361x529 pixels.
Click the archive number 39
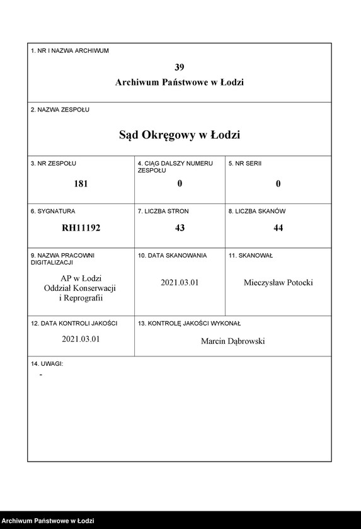coord(180,67)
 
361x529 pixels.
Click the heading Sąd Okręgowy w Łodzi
coord(180,135)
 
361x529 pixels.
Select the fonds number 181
coord(81,184)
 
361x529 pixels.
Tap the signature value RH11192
coord(81,228)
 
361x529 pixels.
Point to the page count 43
coord(180,228)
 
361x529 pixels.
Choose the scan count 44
coord(278,228)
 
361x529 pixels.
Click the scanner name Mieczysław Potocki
coord(278,283)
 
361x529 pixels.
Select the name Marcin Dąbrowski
coord(233,341)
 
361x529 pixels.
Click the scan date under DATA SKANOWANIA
coord(180,283)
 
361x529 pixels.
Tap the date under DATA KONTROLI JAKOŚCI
coord(81,339)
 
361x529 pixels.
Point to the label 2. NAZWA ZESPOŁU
coord(60,110)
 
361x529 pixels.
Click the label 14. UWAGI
coord(47,364)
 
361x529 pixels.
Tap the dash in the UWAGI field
coord(41,375)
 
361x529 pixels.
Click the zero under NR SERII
coord(278,184)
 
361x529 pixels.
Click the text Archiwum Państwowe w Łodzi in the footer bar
coord(49,521)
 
